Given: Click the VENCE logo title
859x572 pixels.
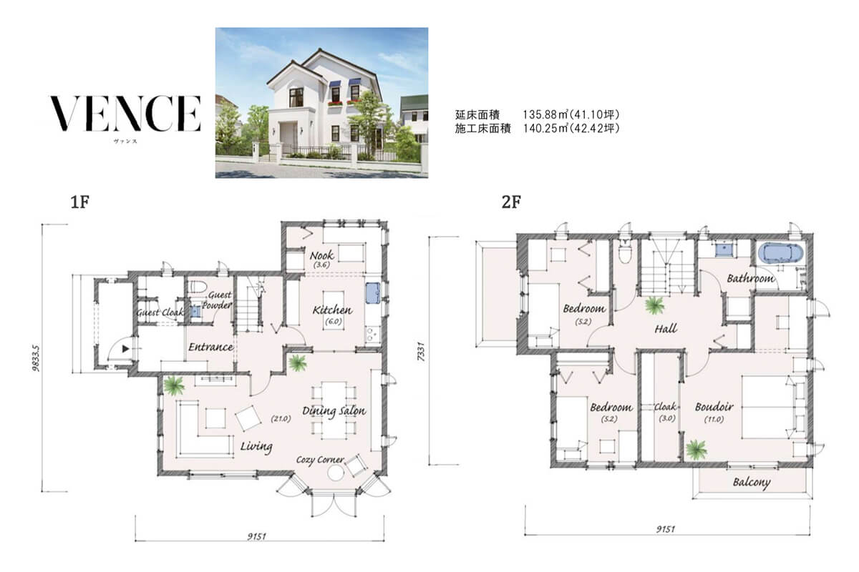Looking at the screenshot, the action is click(x=125, y=114).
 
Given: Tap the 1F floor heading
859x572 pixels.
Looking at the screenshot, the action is click(x=79, y=202).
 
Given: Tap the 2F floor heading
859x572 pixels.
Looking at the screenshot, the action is click(x=511, y=202).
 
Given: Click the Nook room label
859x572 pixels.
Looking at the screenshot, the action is click(x=321, y=255).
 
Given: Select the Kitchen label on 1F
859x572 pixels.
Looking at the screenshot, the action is click(x=332, y=310).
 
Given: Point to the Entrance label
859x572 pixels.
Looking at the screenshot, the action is click(x=210, y=347).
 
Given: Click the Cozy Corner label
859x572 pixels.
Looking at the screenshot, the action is click(x=320, y=459).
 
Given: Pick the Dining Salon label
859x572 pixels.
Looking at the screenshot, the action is click(x=334, y=411).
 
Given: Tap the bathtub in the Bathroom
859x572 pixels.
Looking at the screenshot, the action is click(x=780, y=252).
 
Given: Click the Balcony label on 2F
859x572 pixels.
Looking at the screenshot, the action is click(x=752, y=483).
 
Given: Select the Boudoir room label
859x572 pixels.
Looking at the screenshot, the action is click(x=714, y=407).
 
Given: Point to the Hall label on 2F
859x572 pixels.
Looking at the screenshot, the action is click(x=666, y=329).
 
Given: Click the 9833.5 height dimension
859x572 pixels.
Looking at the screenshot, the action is click(x=36, y=357).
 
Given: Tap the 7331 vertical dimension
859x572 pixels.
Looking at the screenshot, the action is click(x=421, y=351).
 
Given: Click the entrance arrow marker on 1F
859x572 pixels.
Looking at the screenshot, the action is click(x=125, y=349).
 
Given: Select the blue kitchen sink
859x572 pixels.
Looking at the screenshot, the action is click(x=373, y=292).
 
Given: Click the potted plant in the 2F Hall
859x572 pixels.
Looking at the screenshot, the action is click(x=654, y=306).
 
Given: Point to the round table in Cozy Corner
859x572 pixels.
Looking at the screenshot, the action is click(x=335, y=474).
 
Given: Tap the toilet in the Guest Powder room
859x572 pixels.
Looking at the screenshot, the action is click(x=199, y=286).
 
